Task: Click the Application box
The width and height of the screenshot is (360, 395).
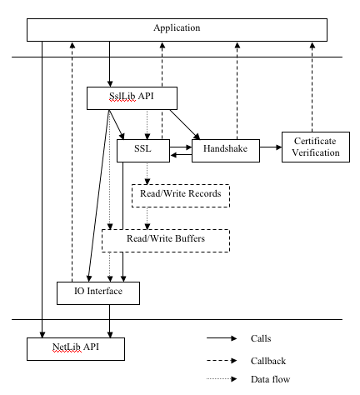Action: pyautogui.click(x=177, y=30)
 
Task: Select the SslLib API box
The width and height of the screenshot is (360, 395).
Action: pyautogui.click(x=132, y=98)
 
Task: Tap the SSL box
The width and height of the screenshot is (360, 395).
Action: pyautogui.click(x=143, y=151)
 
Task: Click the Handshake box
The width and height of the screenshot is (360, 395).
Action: pyautogui.click(x=226, y=151)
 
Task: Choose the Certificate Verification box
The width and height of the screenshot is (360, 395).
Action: pyautogui.click(x=316, y=147)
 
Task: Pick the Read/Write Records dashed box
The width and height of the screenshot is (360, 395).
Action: pyautogui.click(x=181, y=196)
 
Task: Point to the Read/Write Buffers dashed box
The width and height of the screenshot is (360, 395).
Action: pyautogui.click(x=166, y=241)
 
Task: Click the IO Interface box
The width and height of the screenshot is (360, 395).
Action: pyautogui.click(x=98, y=293)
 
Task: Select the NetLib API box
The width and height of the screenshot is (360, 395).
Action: pyautogui.click(x=76, y=349)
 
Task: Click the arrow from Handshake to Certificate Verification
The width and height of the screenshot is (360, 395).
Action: pyautogui.click(x=271, y=147)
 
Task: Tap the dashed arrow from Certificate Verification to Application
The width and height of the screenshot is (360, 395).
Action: pyautogui.click(x=312, y=87)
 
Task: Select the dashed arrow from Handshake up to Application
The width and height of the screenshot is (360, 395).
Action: pyautogui.click(x=237, y=91)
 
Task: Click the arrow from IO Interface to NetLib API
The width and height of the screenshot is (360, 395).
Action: pyautogui.click(x=110, y=322)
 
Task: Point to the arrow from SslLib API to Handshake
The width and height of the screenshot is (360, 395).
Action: pyautogui.click(x=185, y=125)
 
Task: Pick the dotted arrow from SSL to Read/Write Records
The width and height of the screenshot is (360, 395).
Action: pyautogui.click(x=147, y=173)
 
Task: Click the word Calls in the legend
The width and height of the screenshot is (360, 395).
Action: pyautogui.click(x=261, y=338)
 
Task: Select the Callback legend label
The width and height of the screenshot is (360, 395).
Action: pyautogui.click(x=268, y=361)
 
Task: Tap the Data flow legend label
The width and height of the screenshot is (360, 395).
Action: pyautogui.click(x=270, y=379)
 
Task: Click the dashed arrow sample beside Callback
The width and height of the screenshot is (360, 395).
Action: pyautogui.click(x=222, y=361)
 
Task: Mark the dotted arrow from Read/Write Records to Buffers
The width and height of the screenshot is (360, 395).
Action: pyautogui.click(x=147, y=218)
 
